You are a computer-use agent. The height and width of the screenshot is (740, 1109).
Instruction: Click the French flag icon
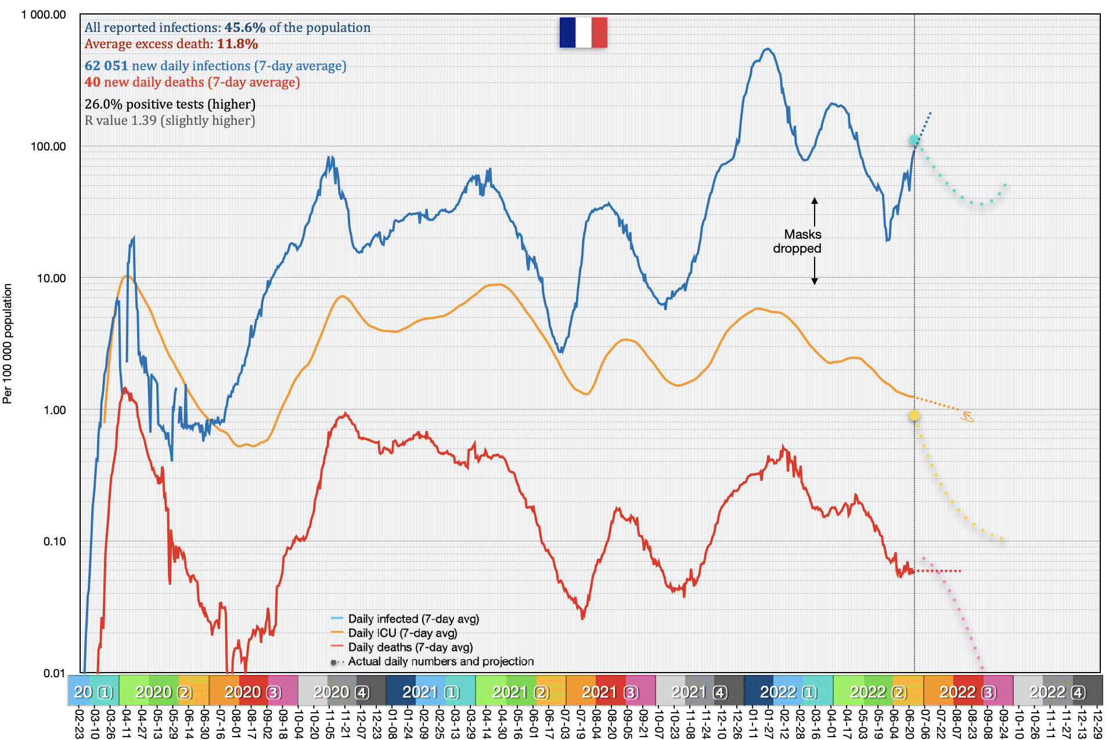point(583,33)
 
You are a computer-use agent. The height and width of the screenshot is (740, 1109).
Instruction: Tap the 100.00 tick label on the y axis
point(48,146)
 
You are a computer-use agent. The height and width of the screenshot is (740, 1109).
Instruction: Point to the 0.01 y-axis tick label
point(55,673)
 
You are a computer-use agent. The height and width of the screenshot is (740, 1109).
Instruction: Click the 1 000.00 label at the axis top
point(44,15)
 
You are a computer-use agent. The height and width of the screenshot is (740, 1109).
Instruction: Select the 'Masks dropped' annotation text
point(797,242)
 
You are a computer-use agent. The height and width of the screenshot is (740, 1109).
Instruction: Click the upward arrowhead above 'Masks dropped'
point(815,201)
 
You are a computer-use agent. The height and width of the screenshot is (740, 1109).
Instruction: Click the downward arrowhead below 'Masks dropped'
point(815,281)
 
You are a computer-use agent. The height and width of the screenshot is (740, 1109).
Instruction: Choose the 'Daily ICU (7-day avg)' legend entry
point(402,633)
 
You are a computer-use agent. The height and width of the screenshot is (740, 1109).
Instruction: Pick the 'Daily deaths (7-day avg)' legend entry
point(410,647)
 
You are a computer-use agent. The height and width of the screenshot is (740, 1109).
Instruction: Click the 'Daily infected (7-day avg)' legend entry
point(413,619)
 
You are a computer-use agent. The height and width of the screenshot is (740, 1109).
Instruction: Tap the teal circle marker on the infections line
point(914,140)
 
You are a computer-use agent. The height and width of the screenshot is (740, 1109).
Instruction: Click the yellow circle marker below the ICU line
point(914,415)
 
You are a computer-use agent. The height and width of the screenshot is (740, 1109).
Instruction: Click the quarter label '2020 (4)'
point(341,692)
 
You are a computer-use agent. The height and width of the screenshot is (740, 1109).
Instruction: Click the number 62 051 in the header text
point(106,66)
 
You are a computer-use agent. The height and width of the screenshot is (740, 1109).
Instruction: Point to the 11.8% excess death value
point(237,44)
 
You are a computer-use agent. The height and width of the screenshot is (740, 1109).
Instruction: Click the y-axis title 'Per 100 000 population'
point(8,343)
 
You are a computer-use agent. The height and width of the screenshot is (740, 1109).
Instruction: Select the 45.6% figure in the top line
point(244,28)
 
